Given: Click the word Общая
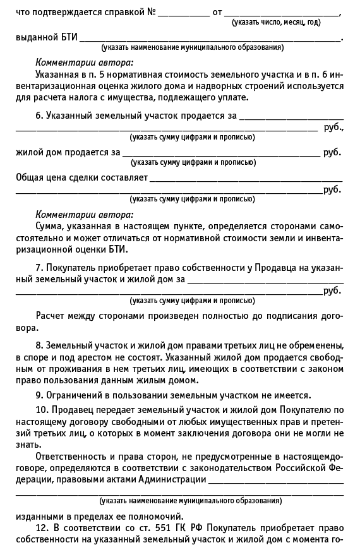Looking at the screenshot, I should click(x=29, y=177).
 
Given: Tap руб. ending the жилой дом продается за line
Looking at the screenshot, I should click(x=332, y=152).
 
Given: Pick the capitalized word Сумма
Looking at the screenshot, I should click(x=51, y=225).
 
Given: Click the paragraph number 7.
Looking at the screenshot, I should click(x=39, y=268).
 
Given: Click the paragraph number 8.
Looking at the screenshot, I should click(x=39, y=345).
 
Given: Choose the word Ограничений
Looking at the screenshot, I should click(x=75, y=395).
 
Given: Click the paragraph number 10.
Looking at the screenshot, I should click(x=40, y=409).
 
